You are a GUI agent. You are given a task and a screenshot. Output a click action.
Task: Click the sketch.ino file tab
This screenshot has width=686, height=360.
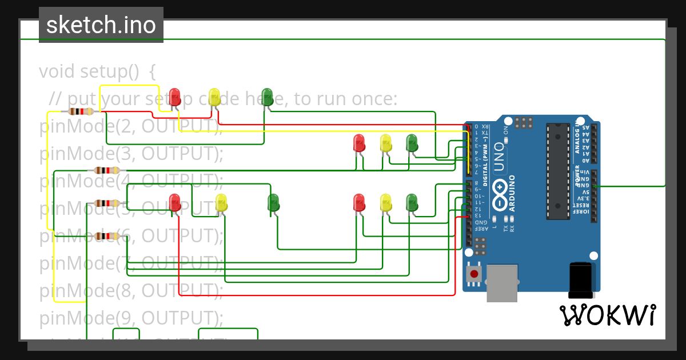(101, 25)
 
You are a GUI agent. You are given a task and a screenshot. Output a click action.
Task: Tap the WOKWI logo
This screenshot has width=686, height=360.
(608, 315)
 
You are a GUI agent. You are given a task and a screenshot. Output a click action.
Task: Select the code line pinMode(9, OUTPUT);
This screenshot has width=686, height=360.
(131, 317)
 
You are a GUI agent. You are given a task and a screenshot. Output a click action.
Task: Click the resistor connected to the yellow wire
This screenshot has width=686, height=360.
(81, 111)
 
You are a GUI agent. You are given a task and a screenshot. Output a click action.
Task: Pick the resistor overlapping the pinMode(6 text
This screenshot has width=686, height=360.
(107, 236)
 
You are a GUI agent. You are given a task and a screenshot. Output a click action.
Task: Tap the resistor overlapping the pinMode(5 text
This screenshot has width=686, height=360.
(107, 203)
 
